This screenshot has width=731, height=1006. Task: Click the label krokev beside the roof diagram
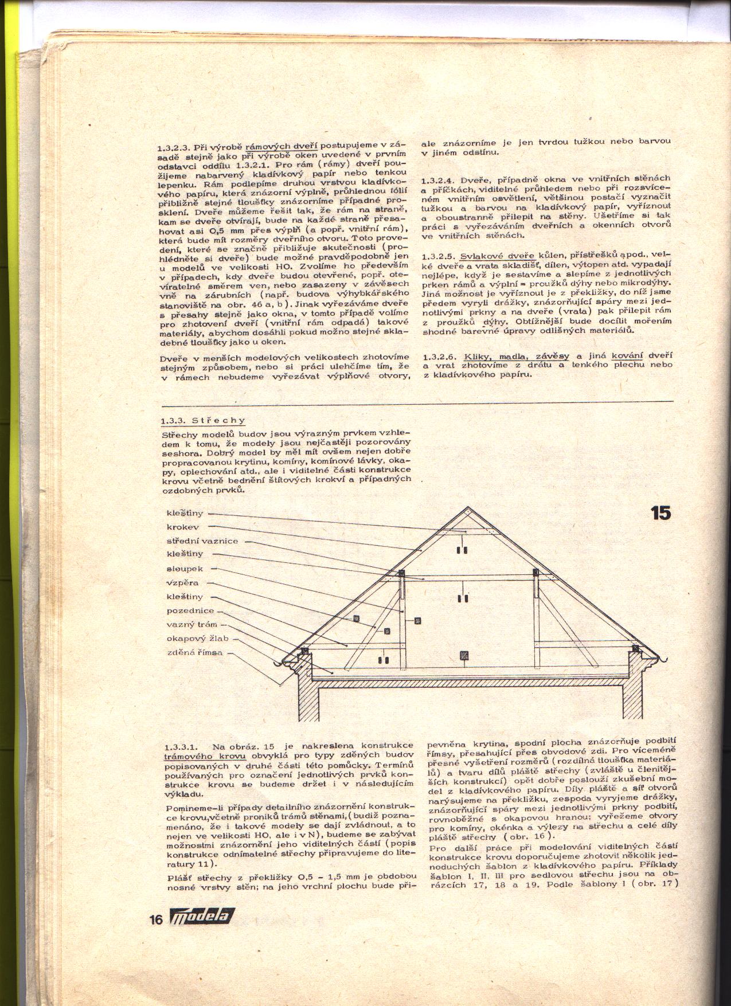coord(183,527)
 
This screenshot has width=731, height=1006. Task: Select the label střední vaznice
coord(202,541)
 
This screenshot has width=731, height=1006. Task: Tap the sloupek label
coord(181,569)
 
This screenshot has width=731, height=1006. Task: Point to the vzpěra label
coord(182,583)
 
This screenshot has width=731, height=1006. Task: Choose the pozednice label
coord(190,611)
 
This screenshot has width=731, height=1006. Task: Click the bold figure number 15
coord(660,514)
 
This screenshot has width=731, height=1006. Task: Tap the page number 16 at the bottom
coord(155,937)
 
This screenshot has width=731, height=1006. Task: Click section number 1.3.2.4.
coord(437,179)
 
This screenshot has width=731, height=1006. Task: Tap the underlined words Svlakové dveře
coord(498,256)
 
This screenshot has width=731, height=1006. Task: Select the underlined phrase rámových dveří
coord(281,144)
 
